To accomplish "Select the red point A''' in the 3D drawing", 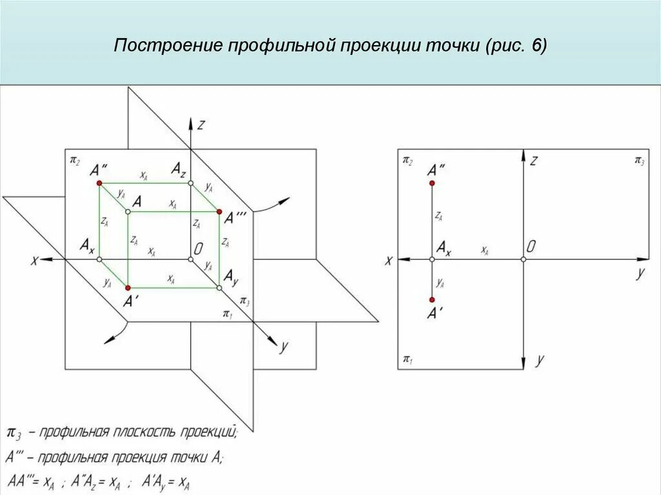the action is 219,212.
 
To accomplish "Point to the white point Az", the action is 191,183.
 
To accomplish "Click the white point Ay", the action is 219,287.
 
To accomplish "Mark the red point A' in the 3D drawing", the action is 128,287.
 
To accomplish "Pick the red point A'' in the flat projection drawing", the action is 432,184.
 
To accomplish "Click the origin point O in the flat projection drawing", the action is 523,259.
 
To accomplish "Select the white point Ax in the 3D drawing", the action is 99,259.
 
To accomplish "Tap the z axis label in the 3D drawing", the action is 201,125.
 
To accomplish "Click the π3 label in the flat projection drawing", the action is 638,160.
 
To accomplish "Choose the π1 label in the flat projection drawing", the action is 407,359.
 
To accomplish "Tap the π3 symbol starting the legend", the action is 13,432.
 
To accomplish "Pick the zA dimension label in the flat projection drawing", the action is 439,216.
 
